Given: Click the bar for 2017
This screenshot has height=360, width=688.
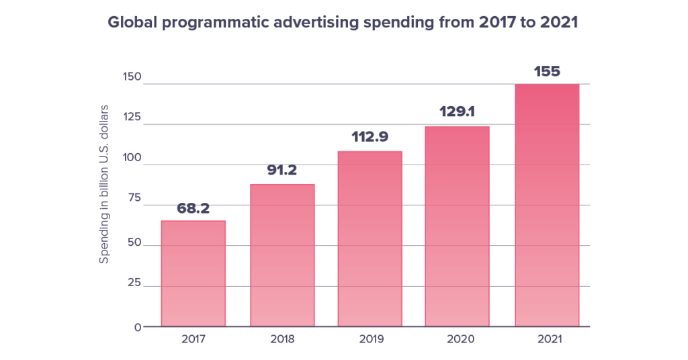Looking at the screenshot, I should coord(193,274).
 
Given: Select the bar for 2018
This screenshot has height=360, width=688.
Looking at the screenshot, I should coord(282,256).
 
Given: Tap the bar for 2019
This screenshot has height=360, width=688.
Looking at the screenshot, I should coord(370,239).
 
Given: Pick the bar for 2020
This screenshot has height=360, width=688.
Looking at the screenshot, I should coord(458,226).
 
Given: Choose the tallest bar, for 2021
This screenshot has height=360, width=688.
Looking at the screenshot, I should coord(547,206).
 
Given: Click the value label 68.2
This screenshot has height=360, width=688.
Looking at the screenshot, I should coord(193,208).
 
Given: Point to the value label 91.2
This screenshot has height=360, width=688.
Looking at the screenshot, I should coord(282,171).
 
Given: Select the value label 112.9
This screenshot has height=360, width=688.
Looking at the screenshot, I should coord(370,138).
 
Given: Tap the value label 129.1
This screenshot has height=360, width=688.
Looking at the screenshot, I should coord(458,112).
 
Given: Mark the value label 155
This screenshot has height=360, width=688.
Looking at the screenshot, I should coord(547,71).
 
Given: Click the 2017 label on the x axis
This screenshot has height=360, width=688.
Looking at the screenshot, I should coord(193,339).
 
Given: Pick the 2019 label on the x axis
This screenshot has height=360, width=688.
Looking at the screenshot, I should coord(370,339).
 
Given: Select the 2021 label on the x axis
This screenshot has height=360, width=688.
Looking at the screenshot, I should coord(547,339).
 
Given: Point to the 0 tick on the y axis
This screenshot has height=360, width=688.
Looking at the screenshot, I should coord(138,327).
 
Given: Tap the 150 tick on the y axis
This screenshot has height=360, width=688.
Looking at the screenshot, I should coord(132,77).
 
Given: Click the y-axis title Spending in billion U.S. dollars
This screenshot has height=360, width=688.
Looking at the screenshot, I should coord(104,183).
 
